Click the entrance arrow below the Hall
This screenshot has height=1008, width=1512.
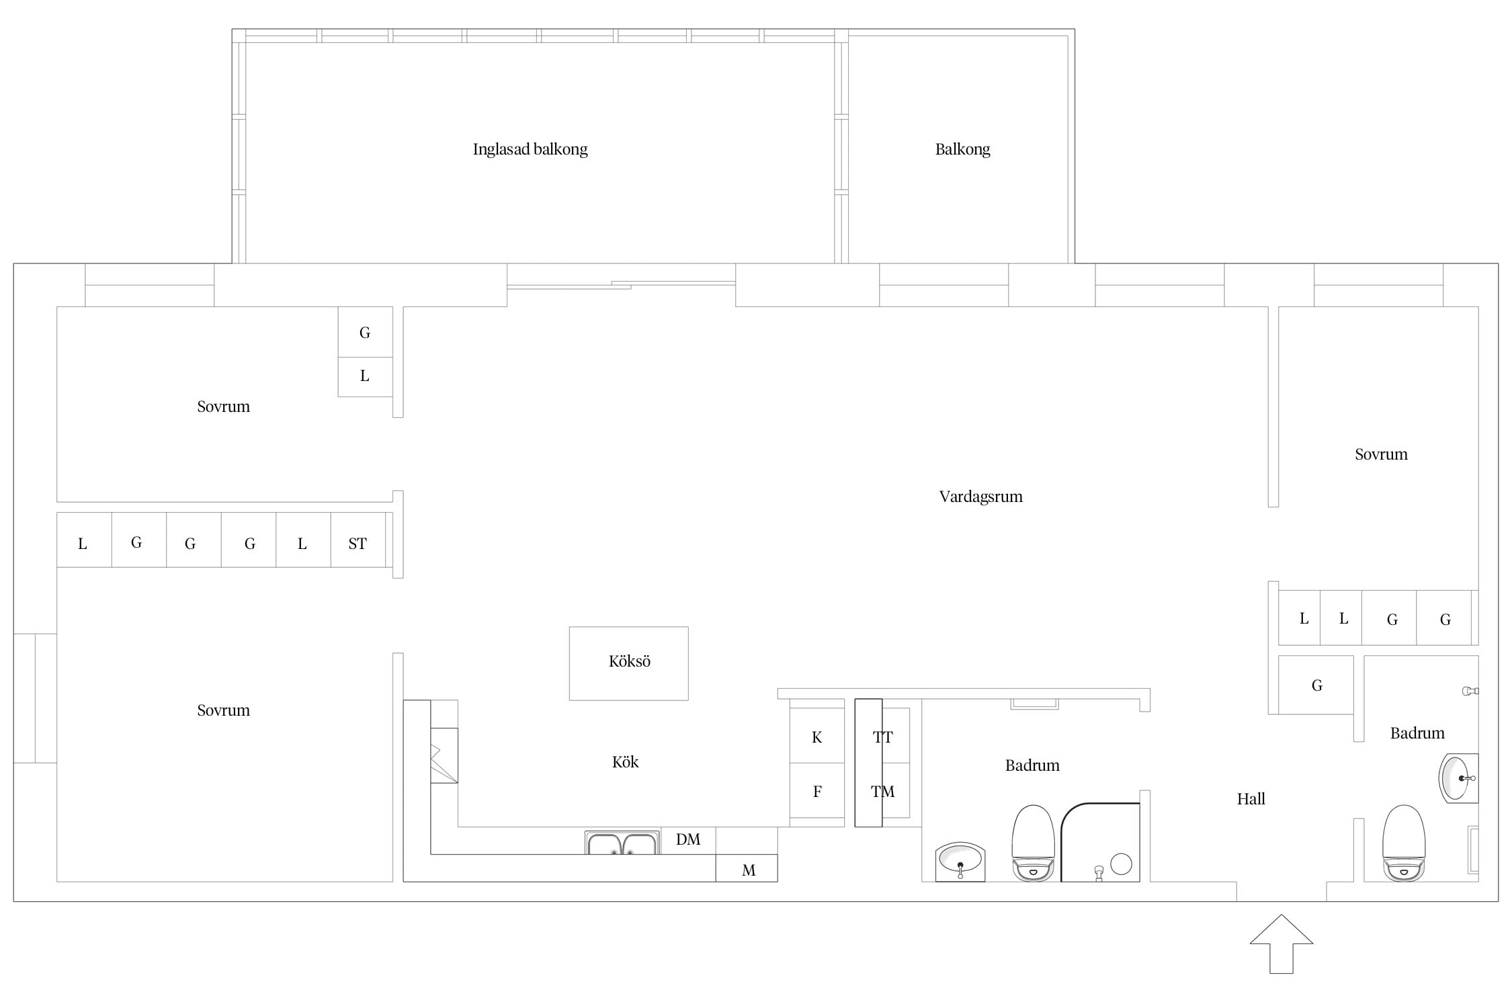pos(1281,943)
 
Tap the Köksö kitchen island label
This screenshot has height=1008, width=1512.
pos(629,661)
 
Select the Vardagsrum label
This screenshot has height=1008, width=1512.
pos(980,497)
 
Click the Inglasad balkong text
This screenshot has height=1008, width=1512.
pos(530,149)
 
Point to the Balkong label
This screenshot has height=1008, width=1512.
pos(962,149)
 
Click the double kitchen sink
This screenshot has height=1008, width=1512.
pos(622,843)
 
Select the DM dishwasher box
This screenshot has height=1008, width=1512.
pos(688,841)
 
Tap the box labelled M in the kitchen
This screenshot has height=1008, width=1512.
pos(747,868)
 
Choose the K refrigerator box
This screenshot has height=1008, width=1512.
pos(816,736)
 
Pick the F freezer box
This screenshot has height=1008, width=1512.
pos(816,791)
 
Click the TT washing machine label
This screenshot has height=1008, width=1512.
pos(882,737)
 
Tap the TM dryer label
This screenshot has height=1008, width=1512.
pos(882,792)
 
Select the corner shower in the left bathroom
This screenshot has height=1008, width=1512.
pos(1100,842)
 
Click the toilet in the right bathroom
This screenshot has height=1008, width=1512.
pos(1404,843)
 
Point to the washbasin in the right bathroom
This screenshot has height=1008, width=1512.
pos(1458,778)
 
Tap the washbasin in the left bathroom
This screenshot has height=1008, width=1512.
pos(960,861)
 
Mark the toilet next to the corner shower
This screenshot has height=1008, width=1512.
pos(1034,843)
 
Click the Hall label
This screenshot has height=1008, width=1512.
pos(1251,799)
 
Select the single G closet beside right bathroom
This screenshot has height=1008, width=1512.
pos(1316,685)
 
